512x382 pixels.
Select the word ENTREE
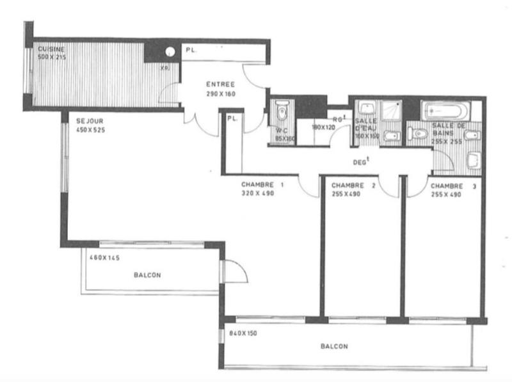click(x=220, y=84)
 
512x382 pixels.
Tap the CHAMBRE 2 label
click(x=353, y=186)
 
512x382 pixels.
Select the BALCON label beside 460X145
click(x=147, y=275)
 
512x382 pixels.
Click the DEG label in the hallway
click(x=361, y=162)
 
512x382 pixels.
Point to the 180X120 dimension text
click(x=323, y=127)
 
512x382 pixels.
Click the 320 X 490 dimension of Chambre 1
click(x=257, y=193)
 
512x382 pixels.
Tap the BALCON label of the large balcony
click(x=334, y=347)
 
